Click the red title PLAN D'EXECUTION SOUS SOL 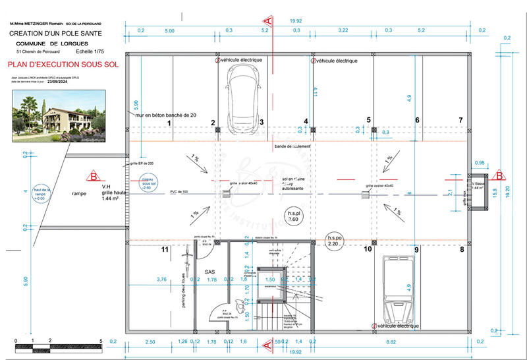[x=63, y=65]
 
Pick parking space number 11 [x=165, y=249]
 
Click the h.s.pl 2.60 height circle [x=294, y=217]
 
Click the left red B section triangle [x=94, y=177]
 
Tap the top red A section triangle [x=267, y=22]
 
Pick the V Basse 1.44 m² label [x=480, y=185]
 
